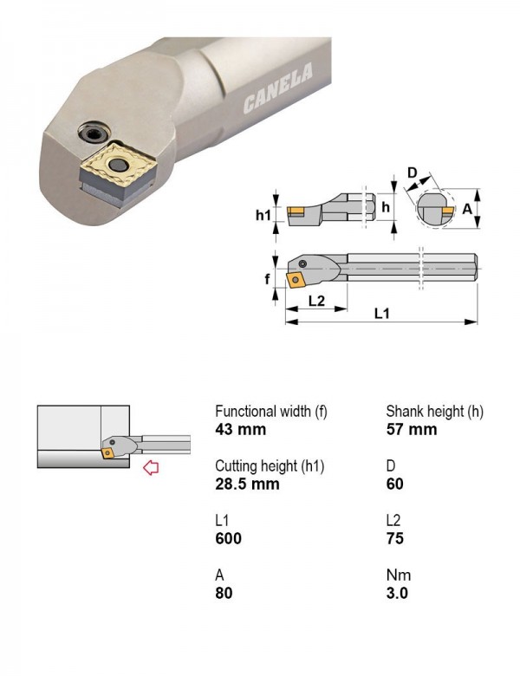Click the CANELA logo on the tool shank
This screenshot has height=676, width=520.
click(x=278, y=88)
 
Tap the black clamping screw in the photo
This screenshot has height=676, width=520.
click(x=93, y=133)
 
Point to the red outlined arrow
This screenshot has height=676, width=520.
click(x=151, y=467)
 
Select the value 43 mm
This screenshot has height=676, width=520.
click(x=241, y=429)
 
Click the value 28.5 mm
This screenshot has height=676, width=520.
click(x=247, y=484)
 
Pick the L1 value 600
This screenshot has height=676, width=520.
click(x=228, y=538)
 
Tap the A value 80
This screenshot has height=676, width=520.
click(x=224, y=593)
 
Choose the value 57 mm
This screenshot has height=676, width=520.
click(x=412, y=429)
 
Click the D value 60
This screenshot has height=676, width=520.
click(x=395, y=484)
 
